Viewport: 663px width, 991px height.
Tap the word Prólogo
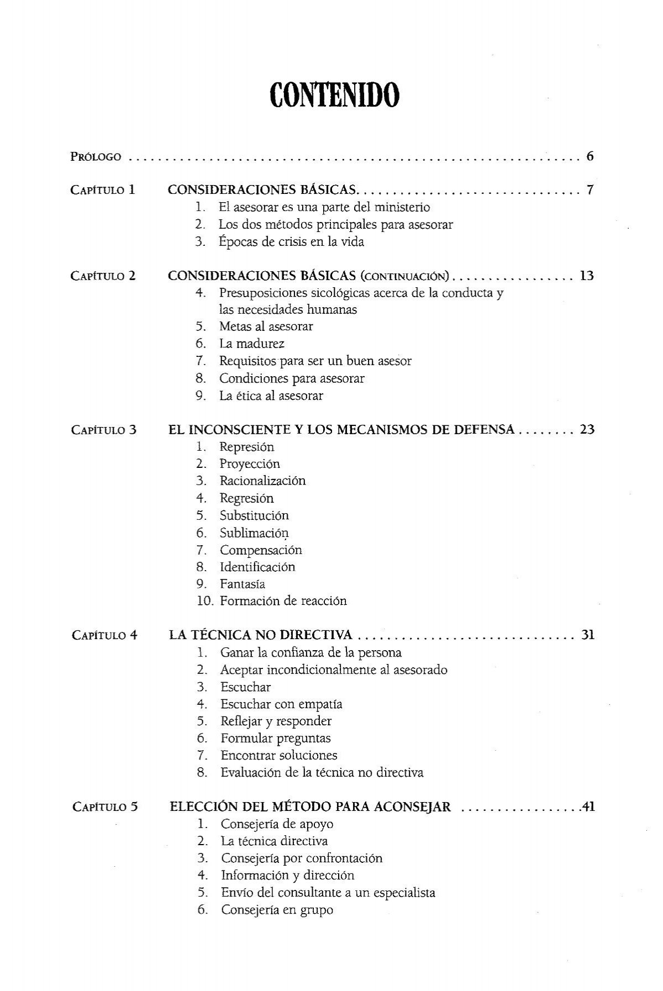click(x=96, y=157)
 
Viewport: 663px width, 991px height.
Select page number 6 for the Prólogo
click(x=590, y=156)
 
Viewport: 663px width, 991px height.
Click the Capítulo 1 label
click(x=103, y=191)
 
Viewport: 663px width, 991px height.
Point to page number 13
click(x=586, y=276)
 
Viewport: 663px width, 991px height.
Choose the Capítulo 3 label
click(x=103, y=430)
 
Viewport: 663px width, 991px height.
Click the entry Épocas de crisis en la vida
click(x=291, y=242)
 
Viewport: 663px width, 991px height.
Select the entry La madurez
click(x=252, y=344)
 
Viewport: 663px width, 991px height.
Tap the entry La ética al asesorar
click(x=271, y=396)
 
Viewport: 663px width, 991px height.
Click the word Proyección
click(x=250, y=464)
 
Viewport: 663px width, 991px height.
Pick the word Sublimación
click(x=254, y=533)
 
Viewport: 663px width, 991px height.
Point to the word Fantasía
click(x=243, y=584)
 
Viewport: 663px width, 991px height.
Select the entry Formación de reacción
click(x=283, y=601)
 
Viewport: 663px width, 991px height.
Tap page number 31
click(x=587, y=635)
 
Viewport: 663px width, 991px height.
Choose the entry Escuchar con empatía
click(x=281, y=704)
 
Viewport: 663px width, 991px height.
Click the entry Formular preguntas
click(x=275, y=739)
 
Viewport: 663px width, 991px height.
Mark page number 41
click(x=587, y=807)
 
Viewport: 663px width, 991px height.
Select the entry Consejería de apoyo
click(x=277, y=824)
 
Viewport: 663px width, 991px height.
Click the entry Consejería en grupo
click(x=277, y=910)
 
